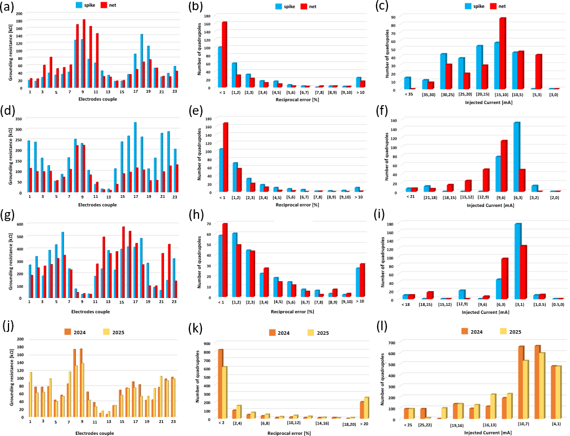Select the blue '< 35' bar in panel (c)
coord(407,83)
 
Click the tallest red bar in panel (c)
coord(502,53)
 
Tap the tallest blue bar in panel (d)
coord(135,158)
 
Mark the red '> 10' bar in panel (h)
coord(362,280)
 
